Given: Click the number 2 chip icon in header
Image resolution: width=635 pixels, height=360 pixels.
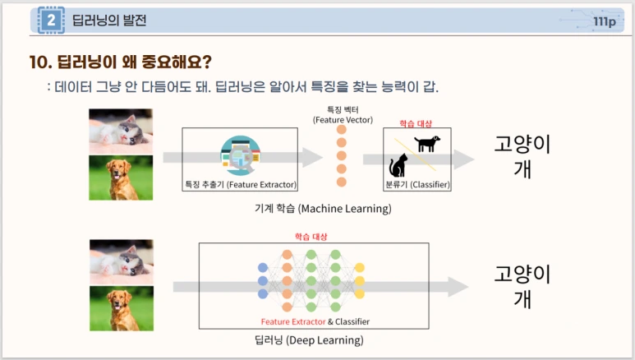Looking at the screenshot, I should [x=51, y=21].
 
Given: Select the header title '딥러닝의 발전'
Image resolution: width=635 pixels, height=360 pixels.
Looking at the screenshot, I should [x=105, y=21].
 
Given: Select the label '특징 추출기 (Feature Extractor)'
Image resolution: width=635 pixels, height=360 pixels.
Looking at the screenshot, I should [x=241, y=185].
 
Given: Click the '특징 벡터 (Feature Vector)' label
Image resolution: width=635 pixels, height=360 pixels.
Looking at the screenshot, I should [x=341, y=114].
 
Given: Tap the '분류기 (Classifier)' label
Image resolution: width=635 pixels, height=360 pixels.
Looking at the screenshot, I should [x=417, y=185].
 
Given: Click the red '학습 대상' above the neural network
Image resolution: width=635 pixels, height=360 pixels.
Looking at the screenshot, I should [x=311, y=237].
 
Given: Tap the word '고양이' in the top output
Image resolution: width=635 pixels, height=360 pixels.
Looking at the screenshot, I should [x=522, y=145].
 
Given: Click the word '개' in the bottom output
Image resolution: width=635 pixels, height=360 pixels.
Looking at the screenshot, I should [x=522, y=299].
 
